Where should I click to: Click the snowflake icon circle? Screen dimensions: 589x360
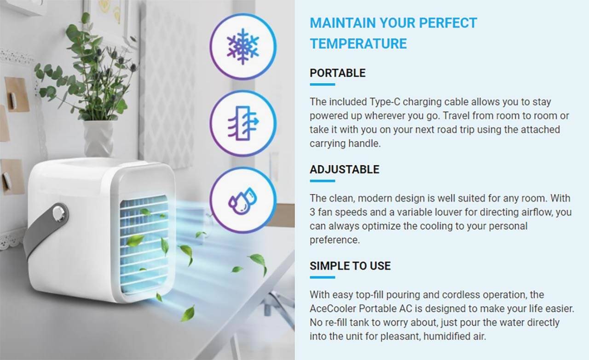click(x=243, y=46)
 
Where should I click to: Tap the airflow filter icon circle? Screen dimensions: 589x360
click(x=243, y=123)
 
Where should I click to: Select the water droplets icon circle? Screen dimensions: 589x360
click(x=243, y=200)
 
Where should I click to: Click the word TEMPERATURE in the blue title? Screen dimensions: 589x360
click(x=358, y=44)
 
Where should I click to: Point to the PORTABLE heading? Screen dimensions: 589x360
click(x=338, y=73)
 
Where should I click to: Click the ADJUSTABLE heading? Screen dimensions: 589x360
click(x=345, y=170)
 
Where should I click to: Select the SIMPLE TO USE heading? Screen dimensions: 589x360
click(x=350, y=266)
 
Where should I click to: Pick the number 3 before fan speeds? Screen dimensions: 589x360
click(x=312, y=212)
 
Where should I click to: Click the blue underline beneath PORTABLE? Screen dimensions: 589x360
click(x=323, y=84)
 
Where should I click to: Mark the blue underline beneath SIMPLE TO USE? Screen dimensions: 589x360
click(x=323, y=277)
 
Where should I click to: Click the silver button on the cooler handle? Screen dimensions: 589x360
click(x=58, y=213)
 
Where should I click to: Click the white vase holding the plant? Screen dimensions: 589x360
click(x=98, y=139)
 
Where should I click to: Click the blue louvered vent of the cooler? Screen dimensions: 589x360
click(x=144, y=245)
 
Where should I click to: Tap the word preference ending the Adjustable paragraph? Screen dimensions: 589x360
click(x=335, y=240)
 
